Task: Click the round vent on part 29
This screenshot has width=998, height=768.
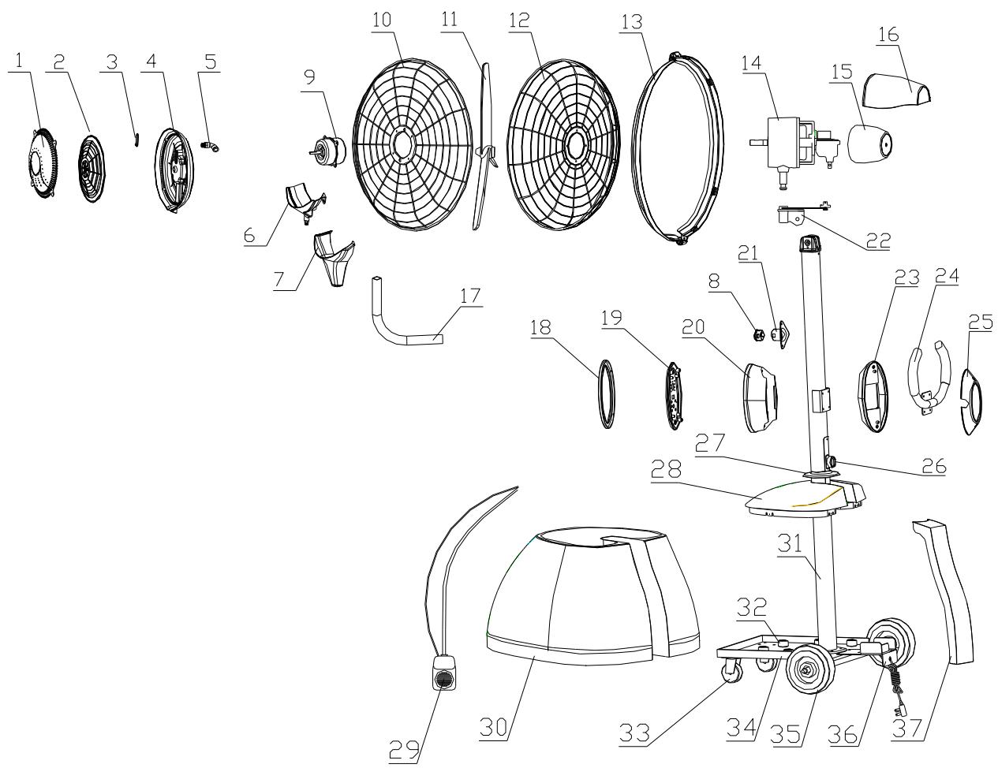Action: coord(443,680)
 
